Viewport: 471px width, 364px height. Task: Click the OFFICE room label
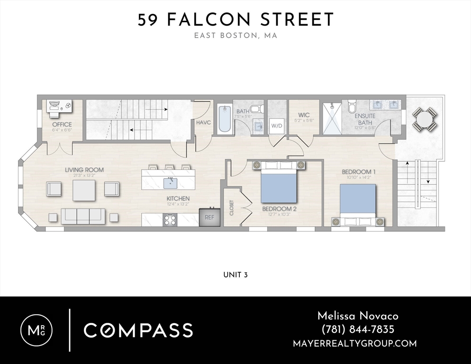(62, 125)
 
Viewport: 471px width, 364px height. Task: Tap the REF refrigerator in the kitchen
(209, 217)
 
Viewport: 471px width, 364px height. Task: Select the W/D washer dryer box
(276, 126)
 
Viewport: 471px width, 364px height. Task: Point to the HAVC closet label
(203, 123)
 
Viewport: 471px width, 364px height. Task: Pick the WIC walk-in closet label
(304, 115)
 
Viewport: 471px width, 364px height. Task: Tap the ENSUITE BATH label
(364, 119)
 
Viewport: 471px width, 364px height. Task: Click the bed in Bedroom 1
(358, 201)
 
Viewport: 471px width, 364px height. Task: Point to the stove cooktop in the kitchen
(170, 219)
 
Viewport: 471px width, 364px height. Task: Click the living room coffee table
(83, 190)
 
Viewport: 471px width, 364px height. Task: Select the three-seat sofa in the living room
(83, 215)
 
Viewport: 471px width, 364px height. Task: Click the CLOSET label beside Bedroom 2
(232, 208)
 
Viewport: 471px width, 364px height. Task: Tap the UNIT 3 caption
(235, 275)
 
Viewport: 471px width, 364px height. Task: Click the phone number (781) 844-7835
(357, 329)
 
